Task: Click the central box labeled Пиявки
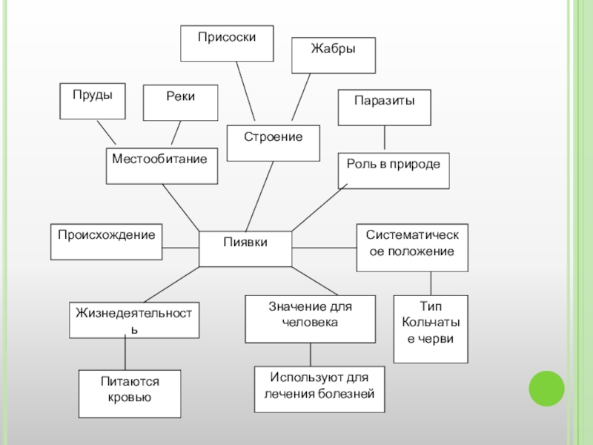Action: pos(245,248)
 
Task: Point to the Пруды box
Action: pos(93,102)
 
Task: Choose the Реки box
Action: pos(181,103)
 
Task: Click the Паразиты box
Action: pos(384,108)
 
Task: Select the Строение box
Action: pos(274,143)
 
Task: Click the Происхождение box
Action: pos(106,242)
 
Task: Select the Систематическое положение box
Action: pos(411,245)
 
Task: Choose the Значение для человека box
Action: pos(310,319)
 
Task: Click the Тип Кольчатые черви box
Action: pos(431,329)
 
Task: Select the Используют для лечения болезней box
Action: pos(320,389)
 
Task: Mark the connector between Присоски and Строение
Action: pos(245,90)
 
